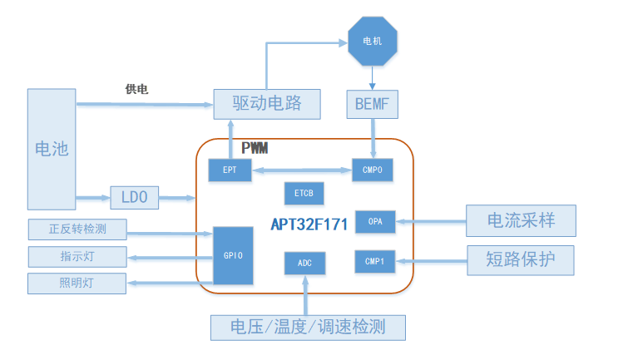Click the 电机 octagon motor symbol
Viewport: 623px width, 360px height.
pyautogui.click(x=372, y=42)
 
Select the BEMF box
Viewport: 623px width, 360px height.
pyautogui.click(x=372, y=105)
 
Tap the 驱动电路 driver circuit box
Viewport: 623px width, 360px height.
pyautogui.click(x=267, y=104)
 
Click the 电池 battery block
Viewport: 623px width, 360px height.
pyautogui.click(x=51, y=149)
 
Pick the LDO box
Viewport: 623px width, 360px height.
pyautogui.click(x=134, y=198)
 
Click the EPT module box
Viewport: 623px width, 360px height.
pyautogui.click(x=230, y=170)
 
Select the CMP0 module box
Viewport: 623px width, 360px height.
pyautogui.click(x=373, y=170)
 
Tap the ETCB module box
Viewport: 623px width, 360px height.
pyautogui.click(x=304, y=194)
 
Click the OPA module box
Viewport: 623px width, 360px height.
pyautogui.click(x=375, y=221)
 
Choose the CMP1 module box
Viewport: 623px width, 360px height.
pyautogui.click(x=375, y=261)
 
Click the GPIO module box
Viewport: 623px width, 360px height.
pyautogui.click(x=233, y=255)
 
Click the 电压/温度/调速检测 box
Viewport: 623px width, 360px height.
pyautogui.click(x=308, y=327)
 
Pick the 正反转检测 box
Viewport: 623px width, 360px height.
pyautogui.click(x=77, y=229)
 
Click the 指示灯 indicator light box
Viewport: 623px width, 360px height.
pyautogui.click(x=77, y=256)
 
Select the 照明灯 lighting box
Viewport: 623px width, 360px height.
pyautogui.click(x=77, y=283)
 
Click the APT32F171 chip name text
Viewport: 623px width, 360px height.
pyautogui.click(x=309, y=224)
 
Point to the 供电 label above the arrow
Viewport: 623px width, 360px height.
pyautogui.click(x=137, y=89)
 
